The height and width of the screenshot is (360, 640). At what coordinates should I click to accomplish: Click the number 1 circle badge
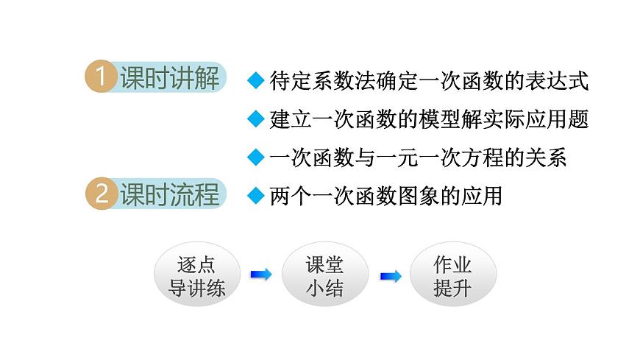(102, 78)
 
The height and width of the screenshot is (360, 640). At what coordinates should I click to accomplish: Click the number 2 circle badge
(102, 195)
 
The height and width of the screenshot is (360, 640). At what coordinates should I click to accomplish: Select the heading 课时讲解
(169, 78)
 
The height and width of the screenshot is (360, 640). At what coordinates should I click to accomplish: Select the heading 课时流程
(169, 195)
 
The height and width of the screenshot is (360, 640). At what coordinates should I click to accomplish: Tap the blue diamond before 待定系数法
(255, 80)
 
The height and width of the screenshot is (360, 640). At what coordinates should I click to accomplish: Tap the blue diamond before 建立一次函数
(255, 119)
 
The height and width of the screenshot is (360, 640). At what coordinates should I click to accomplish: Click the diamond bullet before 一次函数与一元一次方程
(255, 157)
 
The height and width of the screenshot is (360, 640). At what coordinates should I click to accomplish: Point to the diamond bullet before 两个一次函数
(255, 196)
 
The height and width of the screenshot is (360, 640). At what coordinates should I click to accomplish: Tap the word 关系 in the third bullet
(548, 158)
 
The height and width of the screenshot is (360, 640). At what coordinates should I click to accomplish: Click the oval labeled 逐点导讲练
(197, 275)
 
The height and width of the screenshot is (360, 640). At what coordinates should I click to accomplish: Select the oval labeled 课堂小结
(324, 275)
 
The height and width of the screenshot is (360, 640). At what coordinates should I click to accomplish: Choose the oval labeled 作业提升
(452, 275)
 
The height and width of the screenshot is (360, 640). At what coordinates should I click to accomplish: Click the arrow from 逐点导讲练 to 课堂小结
(260, 275)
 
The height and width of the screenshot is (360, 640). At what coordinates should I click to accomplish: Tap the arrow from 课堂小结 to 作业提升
(391, 276)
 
